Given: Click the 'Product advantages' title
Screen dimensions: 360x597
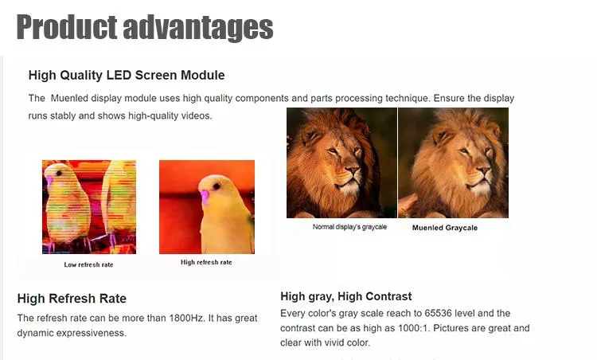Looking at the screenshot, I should coord(145,26).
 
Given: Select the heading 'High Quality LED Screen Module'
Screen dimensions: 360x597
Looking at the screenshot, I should coord(127,76).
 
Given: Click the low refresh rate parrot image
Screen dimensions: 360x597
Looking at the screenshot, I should coord(89,207).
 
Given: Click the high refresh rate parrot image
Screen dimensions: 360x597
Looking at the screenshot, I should coord(207,207).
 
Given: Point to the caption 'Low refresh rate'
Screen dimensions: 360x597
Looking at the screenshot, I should coord(89,264).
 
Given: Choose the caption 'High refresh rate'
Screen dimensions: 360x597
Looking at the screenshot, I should coord(206,262).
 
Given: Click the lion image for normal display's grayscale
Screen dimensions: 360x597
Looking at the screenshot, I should coord(341,162).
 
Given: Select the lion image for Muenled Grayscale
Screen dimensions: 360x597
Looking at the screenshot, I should coord(453,162).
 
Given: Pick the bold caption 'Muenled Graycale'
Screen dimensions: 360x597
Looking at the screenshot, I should coord(445,228).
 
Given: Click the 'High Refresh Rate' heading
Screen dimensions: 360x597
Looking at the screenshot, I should coord(72,299).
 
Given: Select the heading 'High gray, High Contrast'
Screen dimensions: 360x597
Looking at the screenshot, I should coord(346,296).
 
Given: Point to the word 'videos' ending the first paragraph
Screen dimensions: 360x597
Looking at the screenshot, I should coord(195,115).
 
